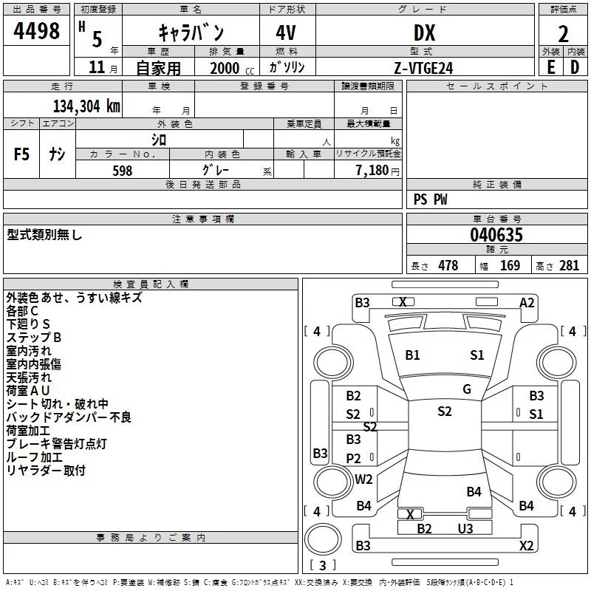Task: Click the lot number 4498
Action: click(x=37, y=31)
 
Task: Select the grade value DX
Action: click(x=424, y=33)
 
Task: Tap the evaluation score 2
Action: click(x=564, y=33)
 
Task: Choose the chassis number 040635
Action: click(x=496, y=236)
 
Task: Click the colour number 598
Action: click(x=123, y=171)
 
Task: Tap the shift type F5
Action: click(x=22, y=154)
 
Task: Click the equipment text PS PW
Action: click(x=431, y=199)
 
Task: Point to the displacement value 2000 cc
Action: click(x=230, y=68)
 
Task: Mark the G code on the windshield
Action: click(x=466, y=389)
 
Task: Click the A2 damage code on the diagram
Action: click(x=527, y=302)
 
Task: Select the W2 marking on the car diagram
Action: click(x=363, y=479)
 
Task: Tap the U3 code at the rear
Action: click(x=465, y=528)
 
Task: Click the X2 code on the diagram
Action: click(x=526, y=546)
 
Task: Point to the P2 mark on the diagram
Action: click(x=354, y=458)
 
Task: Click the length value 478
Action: click(x=448, y=266)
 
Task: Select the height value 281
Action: click(x=569, y=266)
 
